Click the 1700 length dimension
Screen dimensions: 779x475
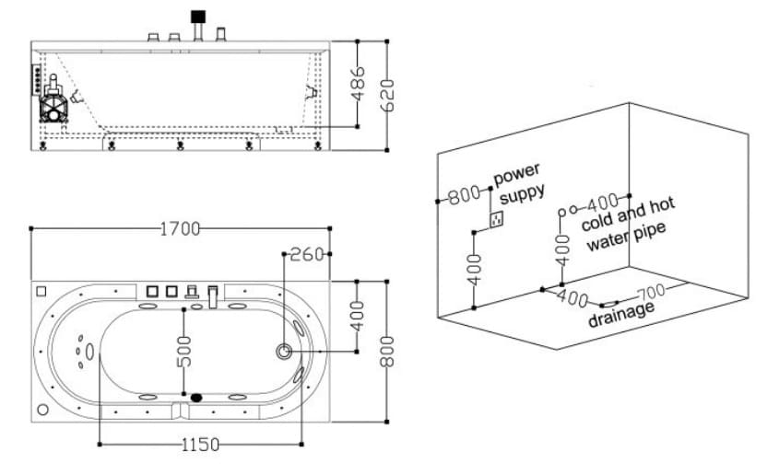[x=180, y=229]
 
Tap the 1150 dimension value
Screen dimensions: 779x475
[x=200, y=445]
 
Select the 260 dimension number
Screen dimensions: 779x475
[x=307, y=254]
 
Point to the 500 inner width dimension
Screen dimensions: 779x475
[x=183, y=352]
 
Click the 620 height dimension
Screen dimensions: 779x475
[x=387, y=95]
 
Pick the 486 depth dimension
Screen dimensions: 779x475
[x=358, y=84]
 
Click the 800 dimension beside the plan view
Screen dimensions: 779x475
[x=387, y=352]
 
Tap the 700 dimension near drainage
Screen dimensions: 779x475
[x=652, y=292]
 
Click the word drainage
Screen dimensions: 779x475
[x=621, y=313]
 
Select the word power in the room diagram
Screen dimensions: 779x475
[x=516, y=174]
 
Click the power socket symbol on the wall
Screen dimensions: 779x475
[x=496, y=219]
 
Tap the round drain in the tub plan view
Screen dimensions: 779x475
[x=284, y=352]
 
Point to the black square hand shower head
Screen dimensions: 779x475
[x=198, y=17]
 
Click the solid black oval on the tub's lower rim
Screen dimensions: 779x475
[x=196, y=397]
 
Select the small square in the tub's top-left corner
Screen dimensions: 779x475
[x=41, y=291]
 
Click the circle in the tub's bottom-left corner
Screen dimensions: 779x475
[x=43, y=410]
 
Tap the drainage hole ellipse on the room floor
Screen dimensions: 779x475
[x=609, y=304]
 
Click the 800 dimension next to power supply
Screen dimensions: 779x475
[x=464, y=195]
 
